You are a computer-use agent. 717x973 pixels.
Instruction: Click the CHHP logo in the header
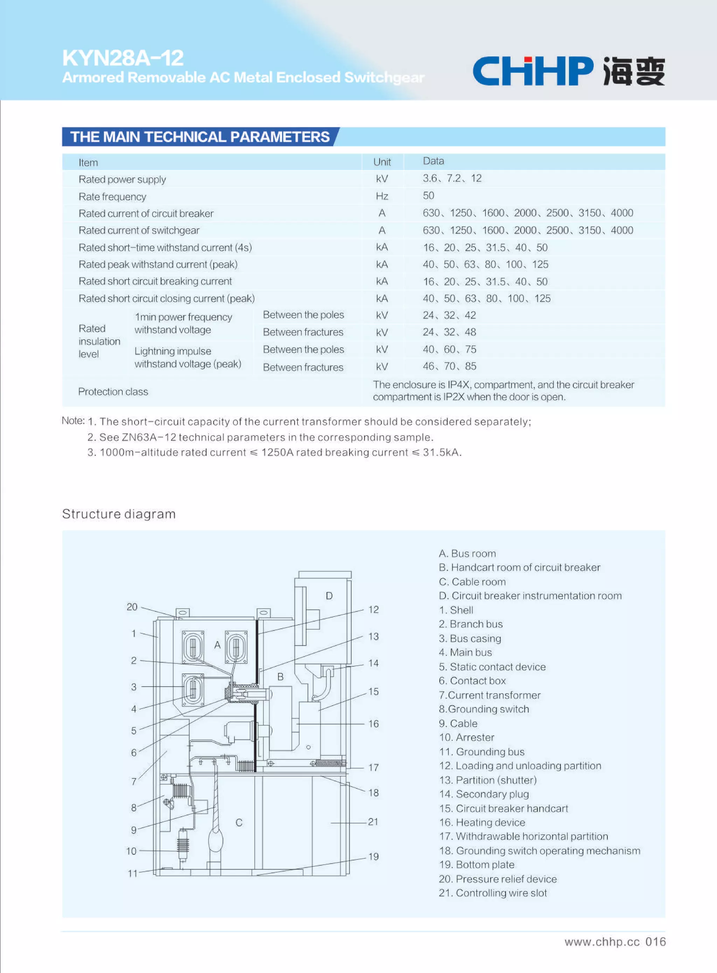[568, 71]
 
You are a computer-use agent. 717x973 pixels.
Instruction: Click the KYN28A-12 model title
[123, 58]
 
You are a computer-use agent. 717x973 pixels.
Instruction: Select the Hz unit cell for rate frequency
[382, 196]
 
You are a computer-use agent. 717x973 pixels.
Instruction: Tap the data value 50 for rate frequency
[429, 196]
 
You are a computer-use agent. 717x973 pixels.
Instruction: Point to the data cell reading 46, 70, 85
[449, 366]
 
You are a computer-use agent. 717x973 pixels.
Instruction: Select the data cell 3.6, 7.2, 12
[452, 178]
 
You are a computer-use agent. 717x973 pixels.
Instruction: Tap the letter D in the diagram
[329, 596]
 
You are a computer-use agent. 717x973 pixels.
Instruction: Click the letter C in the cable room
[239, 822]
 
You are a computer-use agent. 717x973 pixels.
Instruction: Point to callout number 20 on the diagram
[132, 607]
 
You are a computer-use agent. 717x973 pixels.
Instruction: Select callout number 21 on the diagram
[373, 821]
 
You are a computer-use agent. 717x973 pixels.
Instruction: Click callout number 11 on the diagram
[132, 873]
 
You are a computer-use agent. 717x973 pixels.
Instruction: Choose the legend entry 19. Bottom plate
[476, 864]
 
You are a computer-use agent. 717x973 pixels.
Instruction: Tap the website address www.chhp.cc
[601, 942]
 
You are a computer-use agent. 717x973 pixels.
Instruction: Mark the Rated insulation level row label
[99, 341]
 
